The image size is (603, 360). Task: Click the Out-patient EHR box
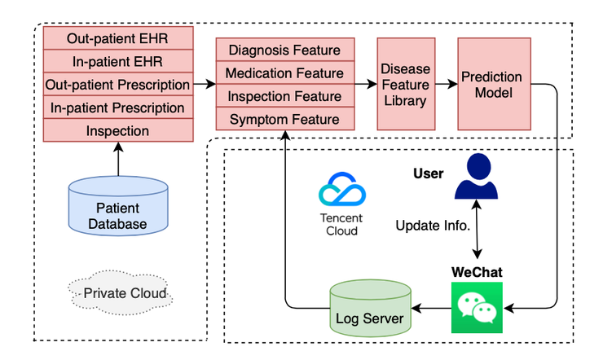[x=117, y=37]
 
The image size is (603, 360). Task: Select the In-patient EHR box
[x=117, y=61]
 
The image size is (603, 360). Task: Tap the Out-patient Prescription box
[x=117, y=84]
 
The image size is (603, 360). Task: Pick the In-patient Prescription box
[x=117, y=108]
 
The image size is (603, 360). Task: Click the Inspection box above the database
[x=117, y=130]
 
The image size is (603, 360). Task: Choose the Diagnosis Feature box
[x=284, y=50]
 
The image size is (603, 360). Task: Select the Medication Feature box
[x=284, y=73]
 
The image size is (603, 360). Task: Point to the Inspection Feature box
[x=284, y=96]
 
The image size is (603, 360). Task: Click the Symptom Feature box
[x=284, y=120]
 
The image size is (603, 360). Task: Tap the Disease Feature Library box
[x=405, y=84]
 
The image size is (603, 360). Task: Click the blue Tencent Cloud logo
[x=341, y=193]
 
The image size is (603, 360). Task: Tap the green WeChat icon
[x=476, y=308]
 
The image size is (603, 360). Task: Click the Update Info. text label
[x=432, y=225]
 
